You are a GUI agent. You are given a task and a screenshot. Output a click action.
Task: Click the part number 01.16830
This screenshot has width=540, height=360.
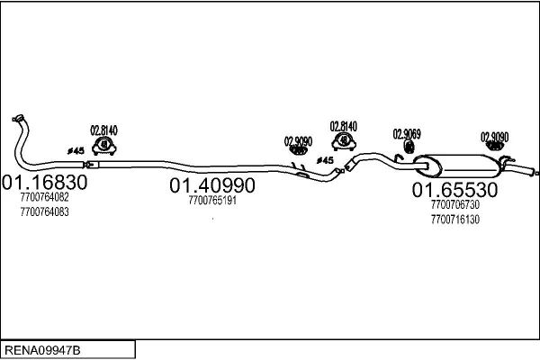point(45,182)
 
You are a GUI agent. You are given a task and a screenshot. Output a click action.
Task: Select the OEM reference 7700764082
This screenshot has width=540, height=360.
point(44,197)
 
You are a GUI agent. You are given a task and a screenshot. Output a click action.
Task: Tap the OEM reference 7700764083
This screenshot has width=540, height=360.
point(44,211)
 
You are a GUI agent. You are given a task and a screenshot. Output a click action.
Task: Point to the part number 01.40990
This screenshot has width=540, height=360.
point(212,185)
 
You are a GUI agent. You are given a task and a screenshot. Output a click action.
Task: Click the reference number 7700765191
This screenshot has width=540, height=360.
point(212,200)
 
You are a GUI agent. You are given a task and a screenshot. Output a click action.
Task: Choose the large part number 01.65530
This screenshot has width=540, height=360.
point(454,190)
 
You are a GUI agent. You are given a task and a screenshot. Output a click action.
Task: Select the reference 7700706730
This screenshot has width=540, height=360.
point(454,204)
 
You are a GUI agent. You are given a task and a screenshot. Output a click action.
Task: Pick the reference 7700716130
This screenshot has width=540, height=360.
point(454,219)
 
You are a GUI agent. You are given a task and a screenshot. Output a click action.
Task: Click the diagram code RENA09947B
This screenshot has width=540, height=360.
point(42,350)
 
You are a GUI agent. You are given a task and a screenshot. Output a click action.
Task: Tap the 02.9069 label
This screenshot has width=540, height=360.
point(407,134)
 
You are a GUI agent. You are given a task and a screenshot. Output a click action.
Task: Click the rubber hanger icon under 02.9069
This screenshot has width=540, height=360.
point(409,147)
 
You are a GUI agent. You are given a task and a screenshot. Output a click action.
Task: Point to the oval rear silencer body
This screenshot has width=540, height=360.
point(457,166)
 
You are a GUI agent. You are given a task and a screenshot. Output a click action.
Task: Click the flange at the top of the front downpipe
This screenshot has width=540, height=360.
point(18,118)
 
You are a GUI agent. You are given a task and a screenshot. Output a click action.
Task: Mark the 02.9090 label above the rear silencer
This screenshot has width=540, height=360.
point(494,137)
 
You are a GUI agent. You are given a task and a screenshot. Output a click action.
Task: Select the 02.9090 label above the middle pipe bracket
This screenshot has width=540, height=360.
point(298,141)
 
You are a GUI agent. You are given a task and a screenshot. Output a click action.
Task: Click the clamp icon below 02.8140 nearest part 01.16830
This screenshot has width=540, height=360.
point(104,146)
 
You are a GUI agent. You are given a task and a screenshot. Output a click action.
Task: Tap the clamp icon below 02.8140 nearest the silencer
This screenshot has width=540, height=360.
point(344,141)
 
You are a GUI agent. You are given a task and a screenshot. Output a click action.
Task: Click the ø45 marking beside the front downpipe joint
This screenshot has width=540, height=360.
point(76,151)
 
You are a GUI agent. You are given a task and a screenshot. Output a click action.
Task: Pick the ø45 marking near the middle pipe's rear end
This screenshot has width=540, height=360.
point(325,160)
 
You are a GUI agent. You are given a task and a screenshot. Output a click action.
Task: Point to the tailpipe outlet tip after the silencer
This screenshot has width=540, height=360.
point(536,174)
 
